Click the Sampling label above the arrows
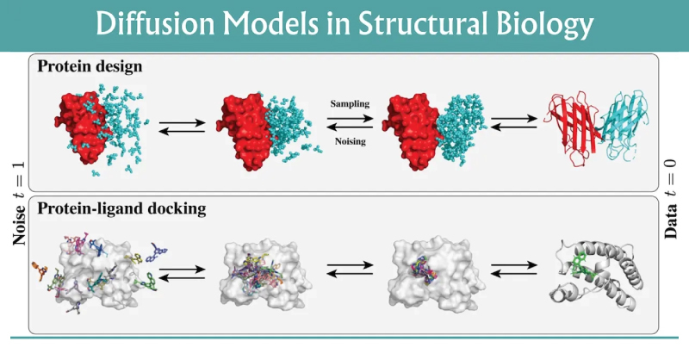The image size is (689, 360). click(x=350, y=103)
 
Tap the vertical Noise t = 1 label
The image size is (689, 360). click(x=17, y=206)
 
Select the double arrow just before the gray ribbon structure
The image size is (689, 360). click(x=511, y=270)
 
